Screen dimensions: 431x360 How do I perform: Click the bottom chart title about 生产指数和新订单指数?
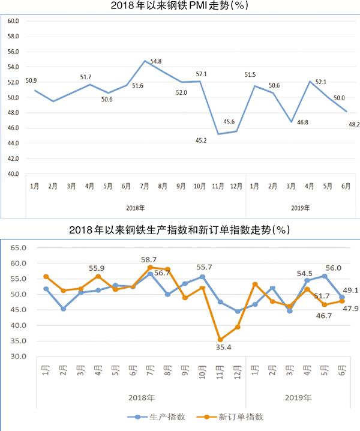click(x=180, y=230)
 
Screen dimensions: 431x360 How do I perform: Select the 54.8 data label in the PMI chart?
click(x=155, y=61)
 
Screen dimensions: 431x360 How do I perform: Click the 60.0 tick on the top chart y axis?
click(x=13, y=21)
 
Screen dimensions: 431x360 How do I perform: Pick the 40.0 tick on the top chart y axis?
click(x=13, y=174)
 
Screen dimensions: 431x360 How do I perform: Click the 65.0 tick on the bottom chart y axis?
click(x=20, y=247)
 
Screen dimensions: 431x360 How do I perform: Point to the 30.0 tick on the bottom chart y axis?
click(x=20, y=357)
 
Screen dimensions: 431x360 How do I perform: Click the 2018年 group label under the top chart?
click(x=135, y=208)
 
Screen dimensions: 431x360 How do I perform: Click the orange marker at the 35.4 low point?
click(x=220, y=340)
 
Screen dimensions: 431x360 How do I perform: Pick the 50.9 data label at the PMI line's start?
click(x=31, y=80)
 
